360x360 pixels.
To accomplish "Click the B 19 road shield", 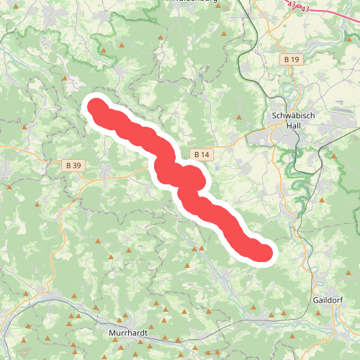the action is pyautogui.click(x=291, y=59).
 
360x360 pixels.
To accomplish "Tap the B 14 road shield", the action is pyautogui.click(x=201, y=154).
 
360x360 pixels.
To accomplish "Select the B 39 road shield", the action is pyautogui.click(x=73, y=166).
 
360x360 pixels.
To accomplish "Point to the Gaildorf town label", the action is pyautogui.click(x=328, y=299).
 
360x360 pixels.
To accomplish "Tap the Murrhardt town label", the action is pyautogui.click(x=127, y=333).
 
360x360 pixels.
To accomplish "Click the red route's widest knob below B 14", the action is pyautogui.click(x=190, y=179).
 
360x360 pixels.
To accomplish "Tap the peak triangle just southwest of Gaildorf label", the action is pyautogui.click(x=319, y=312).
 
